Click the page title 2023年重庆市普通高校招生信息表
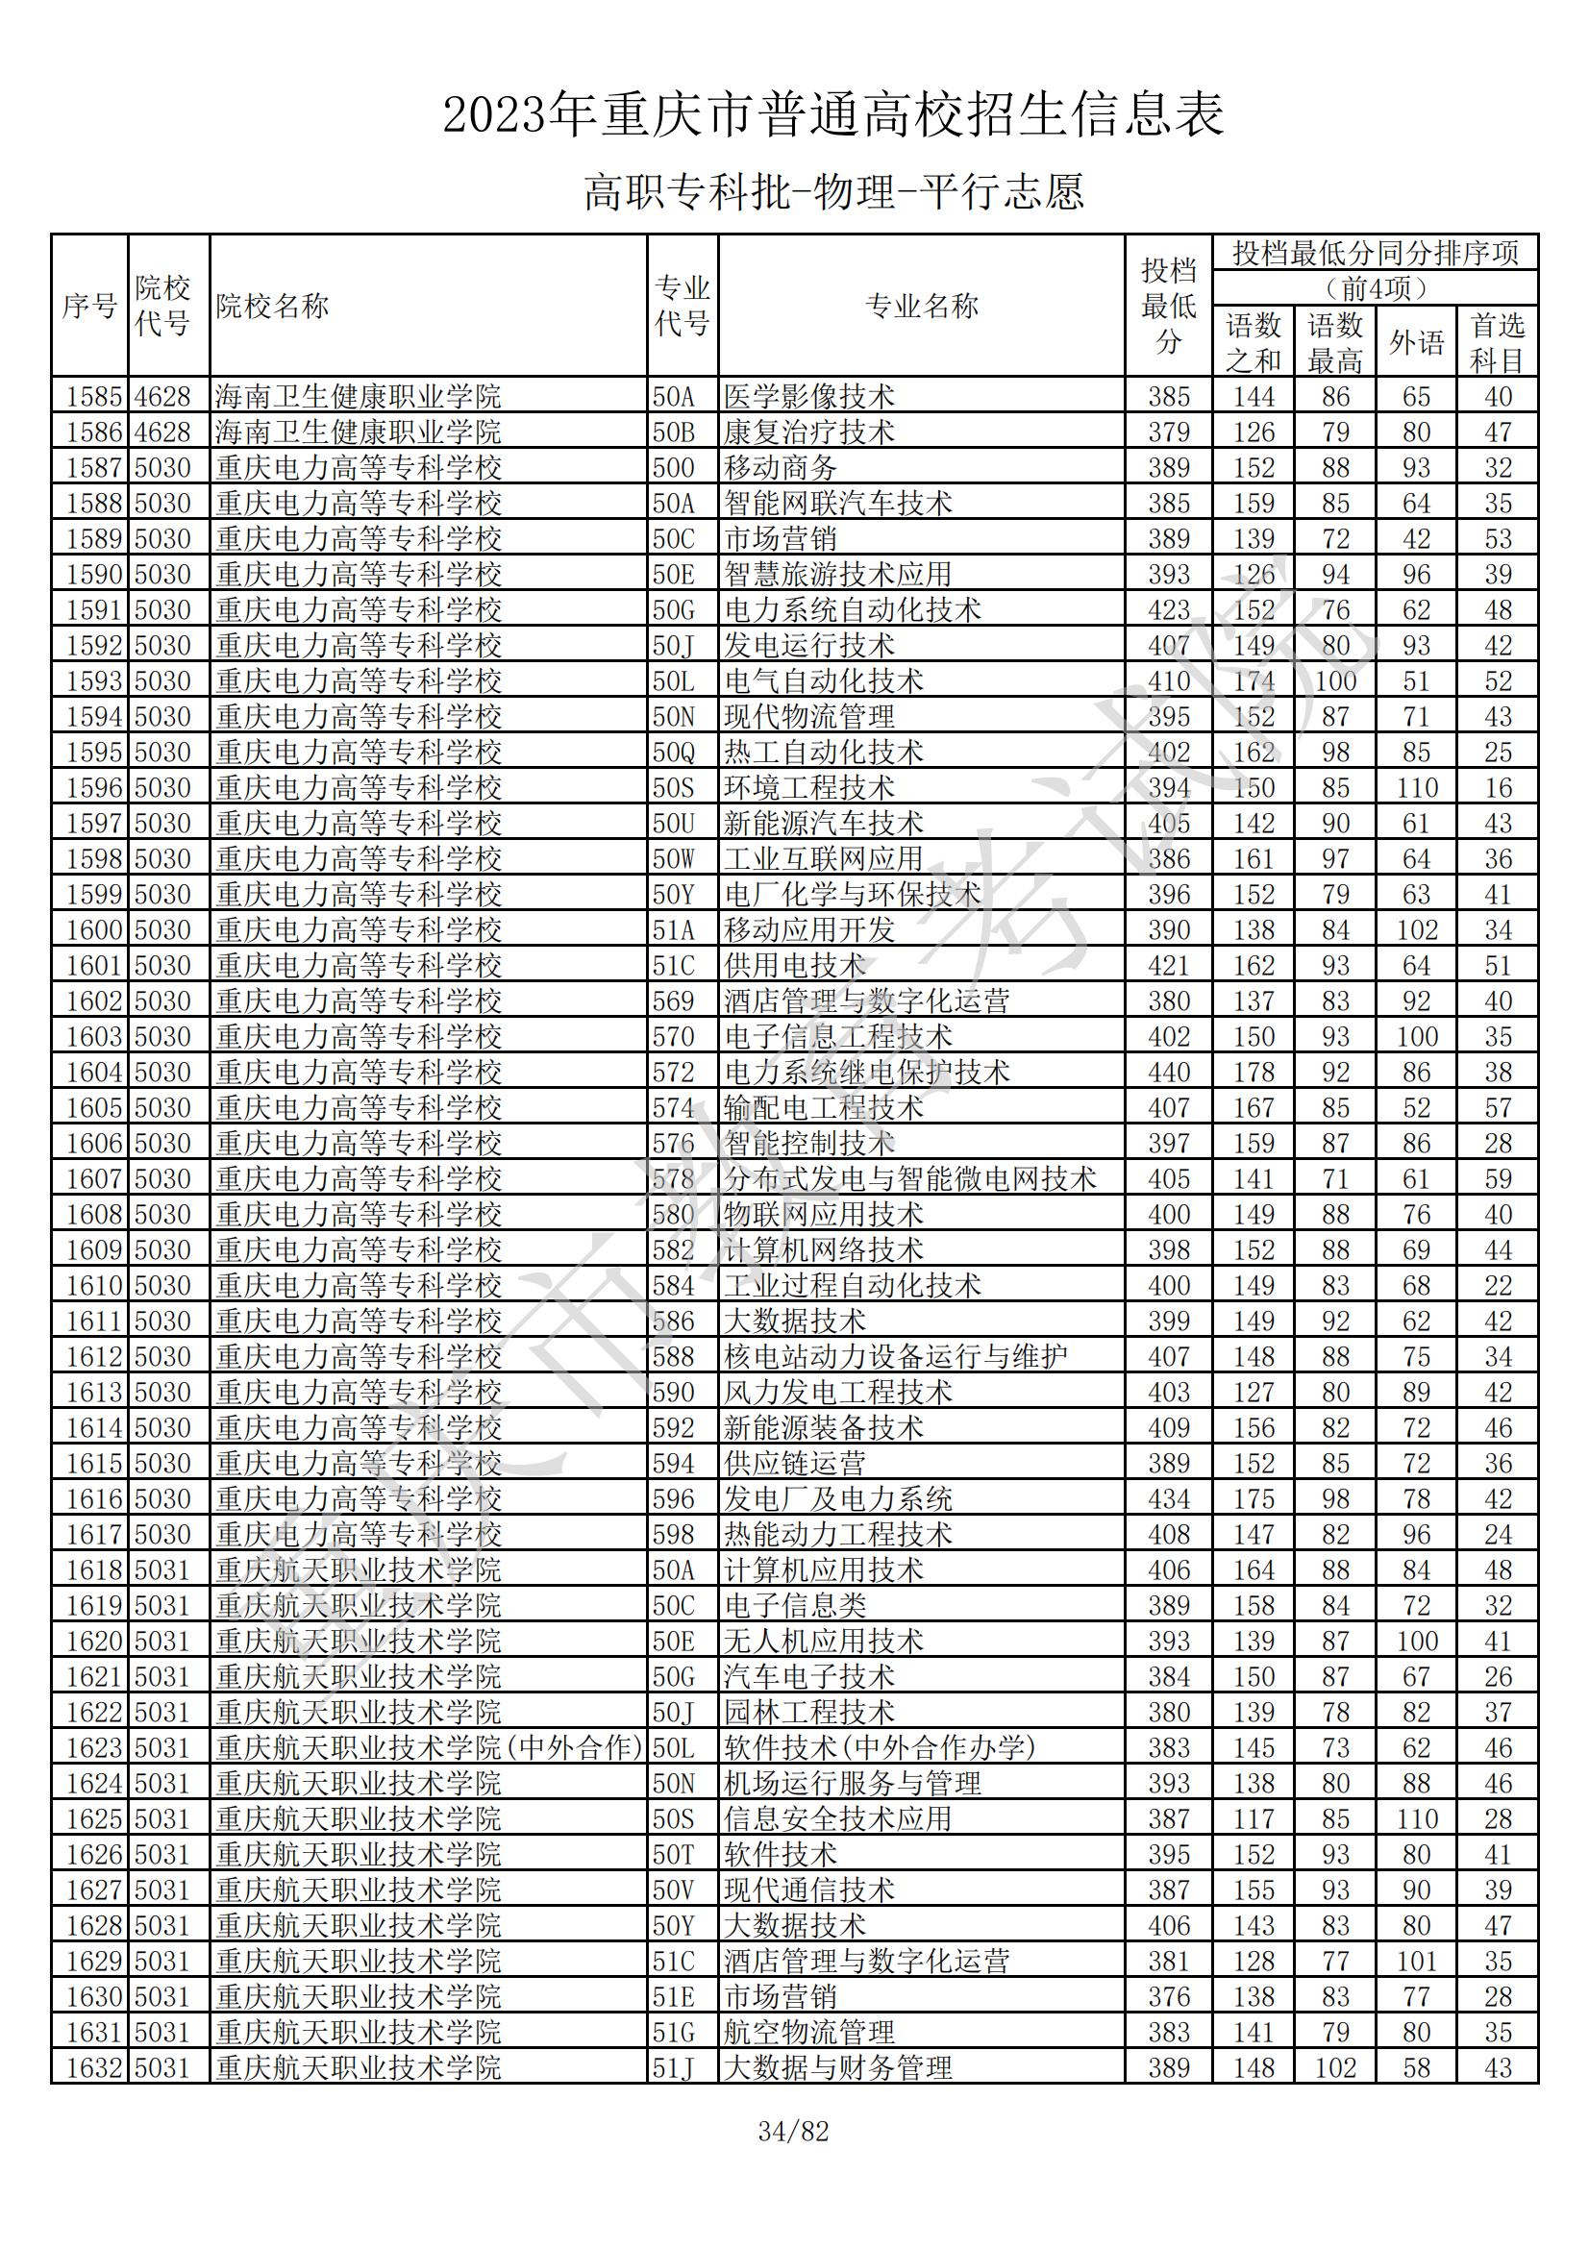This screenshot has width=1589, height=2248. (833, 115)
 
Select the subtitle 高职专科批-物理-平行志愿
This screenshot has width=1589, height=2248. (833, 192)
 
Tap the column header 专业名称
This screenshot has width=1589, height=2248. (921, 307)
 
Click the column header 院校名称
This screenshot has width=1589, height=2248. (272, 307)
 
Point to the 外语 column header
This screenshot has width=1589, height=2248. (1416, 343)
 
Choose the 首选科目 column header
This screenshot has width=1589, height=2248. (1497, 343)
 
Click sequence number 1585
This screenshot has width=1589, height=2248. (92, 397)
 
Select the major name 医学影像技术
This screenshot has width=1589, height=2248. (808, 397)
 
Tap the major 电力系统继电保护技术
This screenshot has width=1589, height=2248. (866, 1073)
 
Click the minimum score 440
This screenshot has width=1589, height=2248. (1168, 1073)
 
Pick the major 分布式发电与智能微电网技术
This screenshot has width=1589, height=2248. (909, 1179)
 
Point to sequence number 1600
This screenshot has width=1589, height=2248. (92, 930)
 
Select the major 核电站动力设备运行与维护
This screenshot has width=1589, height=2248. (895, 1357)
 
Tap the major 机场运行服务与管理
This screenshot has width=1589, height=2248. (852, 1783)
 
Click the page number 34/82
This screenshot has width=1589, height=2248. (793, 2132)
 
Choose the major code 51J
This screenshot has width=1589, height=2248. (674, 2068)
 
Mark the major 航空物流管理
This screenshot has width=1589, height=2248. (808, 2033)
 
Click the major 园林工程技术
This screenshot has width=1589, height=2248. (808, 1713)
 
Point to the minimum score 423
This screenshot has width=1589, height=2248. (1168, 610)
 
